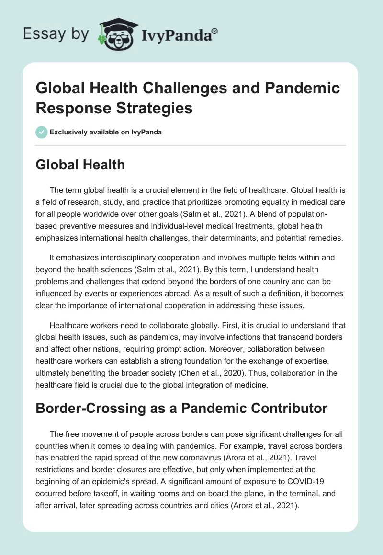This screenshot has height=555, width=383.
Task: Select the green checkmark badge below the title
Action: click(42, 133)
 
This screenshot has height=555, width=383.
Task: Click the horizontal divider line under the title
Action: click(191, 145)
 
